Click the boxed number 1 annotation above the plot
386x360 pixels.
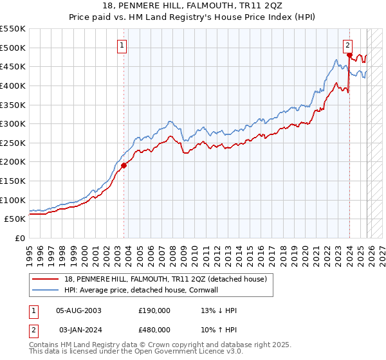pyautogui.click(x=122, y=45)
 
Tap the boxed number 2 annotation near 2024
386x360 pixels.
pyautogui.click(x=347, y=45)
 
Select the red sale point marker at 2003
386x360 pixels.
pyautogui.click(x=124, y=165)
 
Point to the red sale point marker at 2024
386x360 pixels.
pyautogui.click(x=349, y=55)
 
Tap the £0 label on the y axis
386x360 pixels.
pyautogui.click(x=21, y=239)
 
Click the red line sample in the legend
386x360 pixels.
pyautogui.click(x=45, y=279)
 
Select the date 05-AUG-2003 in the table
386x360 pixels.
pyautogui.click(x=78, y=310)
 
